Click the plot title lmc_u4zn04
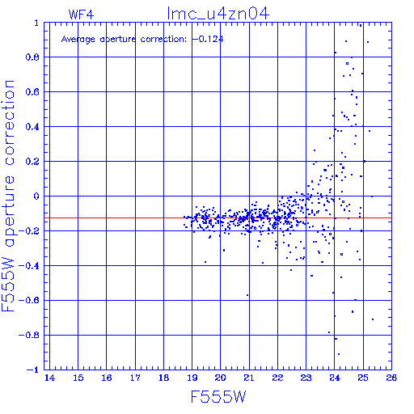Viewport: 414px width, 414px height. pyautogui.click(x=218, y=14)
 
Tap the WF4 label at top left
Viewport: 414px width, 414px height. pyautogui.click(x=81, y=15)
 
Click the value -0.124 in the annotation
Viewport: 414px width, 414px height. pyautogui.click(x=208, y=39)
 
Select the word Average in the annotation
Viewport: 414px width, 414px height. pyautogui.click(x=78, y=40)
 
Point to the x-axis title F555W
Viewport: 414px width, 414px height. pyautogui.click(x=218, y=396)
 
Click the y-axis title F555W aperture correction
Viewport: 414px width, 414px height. pyautogui.click(x=8, y=196)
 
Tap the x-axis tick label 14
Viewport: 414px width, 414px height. pyautogui.click(x=49, y=378)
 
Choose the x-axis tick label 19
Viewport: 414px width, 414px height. pyautogui.click(x=192, y=378)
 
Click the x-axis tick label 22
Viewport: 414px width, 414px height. pyautogui.click(x=277, y=378)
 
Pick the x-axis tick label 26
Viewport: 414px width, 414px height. pyautogui.click(x=391, y=378)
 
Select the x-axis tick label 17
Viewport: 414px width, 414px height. pyautogui.click(x=135, y=378)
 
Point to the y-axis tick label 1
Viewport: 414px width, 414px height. pyautogui.click(x=36, y=23)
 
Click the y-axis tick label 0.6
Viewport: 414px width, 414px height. pyautogui.click(x=32, y=92)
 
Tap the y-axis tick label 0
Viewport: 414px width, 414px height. pyautogui.click(x=36, y=196)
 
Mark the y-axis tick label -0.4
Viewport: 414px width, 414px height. pyautogui.click(x=28, y=266)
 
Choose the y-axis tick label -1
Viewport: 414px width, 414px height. pyautogui.click(x=33, y=370)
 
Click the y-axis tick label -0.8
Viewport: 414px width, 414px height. pyautogui.click(x=28, y=335)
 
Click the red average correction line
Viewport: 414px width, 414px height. pyautogui.click(x=218, y=218)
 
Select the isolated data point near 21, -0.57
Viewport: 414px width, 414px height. pyautogui.click(x=247, y=295)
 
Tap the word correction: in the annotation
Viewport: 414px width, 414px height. pyautogui.click(x=163, y=40)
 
